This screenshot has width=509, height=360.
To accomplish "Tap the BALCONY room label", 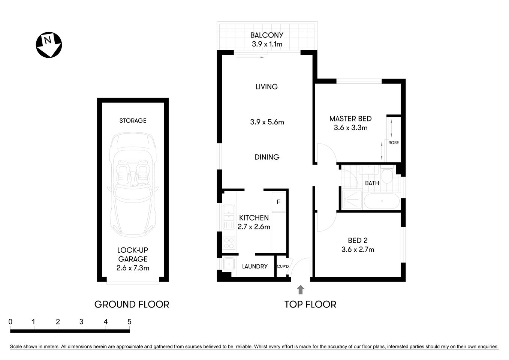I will click(x=267, y=35).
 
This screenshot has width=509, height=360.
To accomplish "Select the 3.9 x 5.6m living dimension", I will click(x=267, y=122).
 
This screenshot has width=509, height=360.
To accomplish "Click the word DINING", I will click(x=267, y=157).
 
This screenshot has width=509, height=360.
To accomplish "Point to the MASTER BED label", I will click(x=350, y=119).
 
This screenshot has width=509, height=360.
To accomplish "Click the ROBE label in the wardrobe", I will click(x=394, y=143).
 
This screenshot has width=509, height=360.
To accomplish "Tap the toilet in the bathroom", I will click(x=387, y=176).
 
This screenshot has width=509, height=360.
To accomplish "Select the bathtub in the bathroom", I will click(x=381, y=201).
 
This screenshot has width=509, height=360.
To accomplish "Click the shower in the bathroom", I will click(x=352, y=199).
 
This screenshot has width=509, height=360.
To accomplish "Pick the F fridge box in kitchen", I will click(x=278, y=202).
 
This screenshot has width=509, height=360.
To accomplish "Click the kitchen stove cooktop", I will click(x=229, y=243).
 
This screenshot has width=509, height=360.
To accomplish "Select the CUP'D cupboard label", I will click(x=283, y=267).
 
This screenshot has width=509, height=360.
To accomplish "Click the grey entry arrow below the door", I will click(x=301, y=289).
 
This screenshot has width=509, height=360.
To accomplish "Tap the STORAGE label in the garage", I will click(x=133, y=121).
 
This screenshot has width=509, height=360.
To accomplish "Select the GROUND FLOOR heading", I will click(x=132, y=304).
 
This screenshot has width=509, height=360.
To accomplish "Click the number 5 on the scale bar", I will click(x=129, y=322).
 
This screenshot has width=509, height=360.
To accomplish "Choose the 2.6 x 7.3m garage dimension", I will click(x=133, y=268).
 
